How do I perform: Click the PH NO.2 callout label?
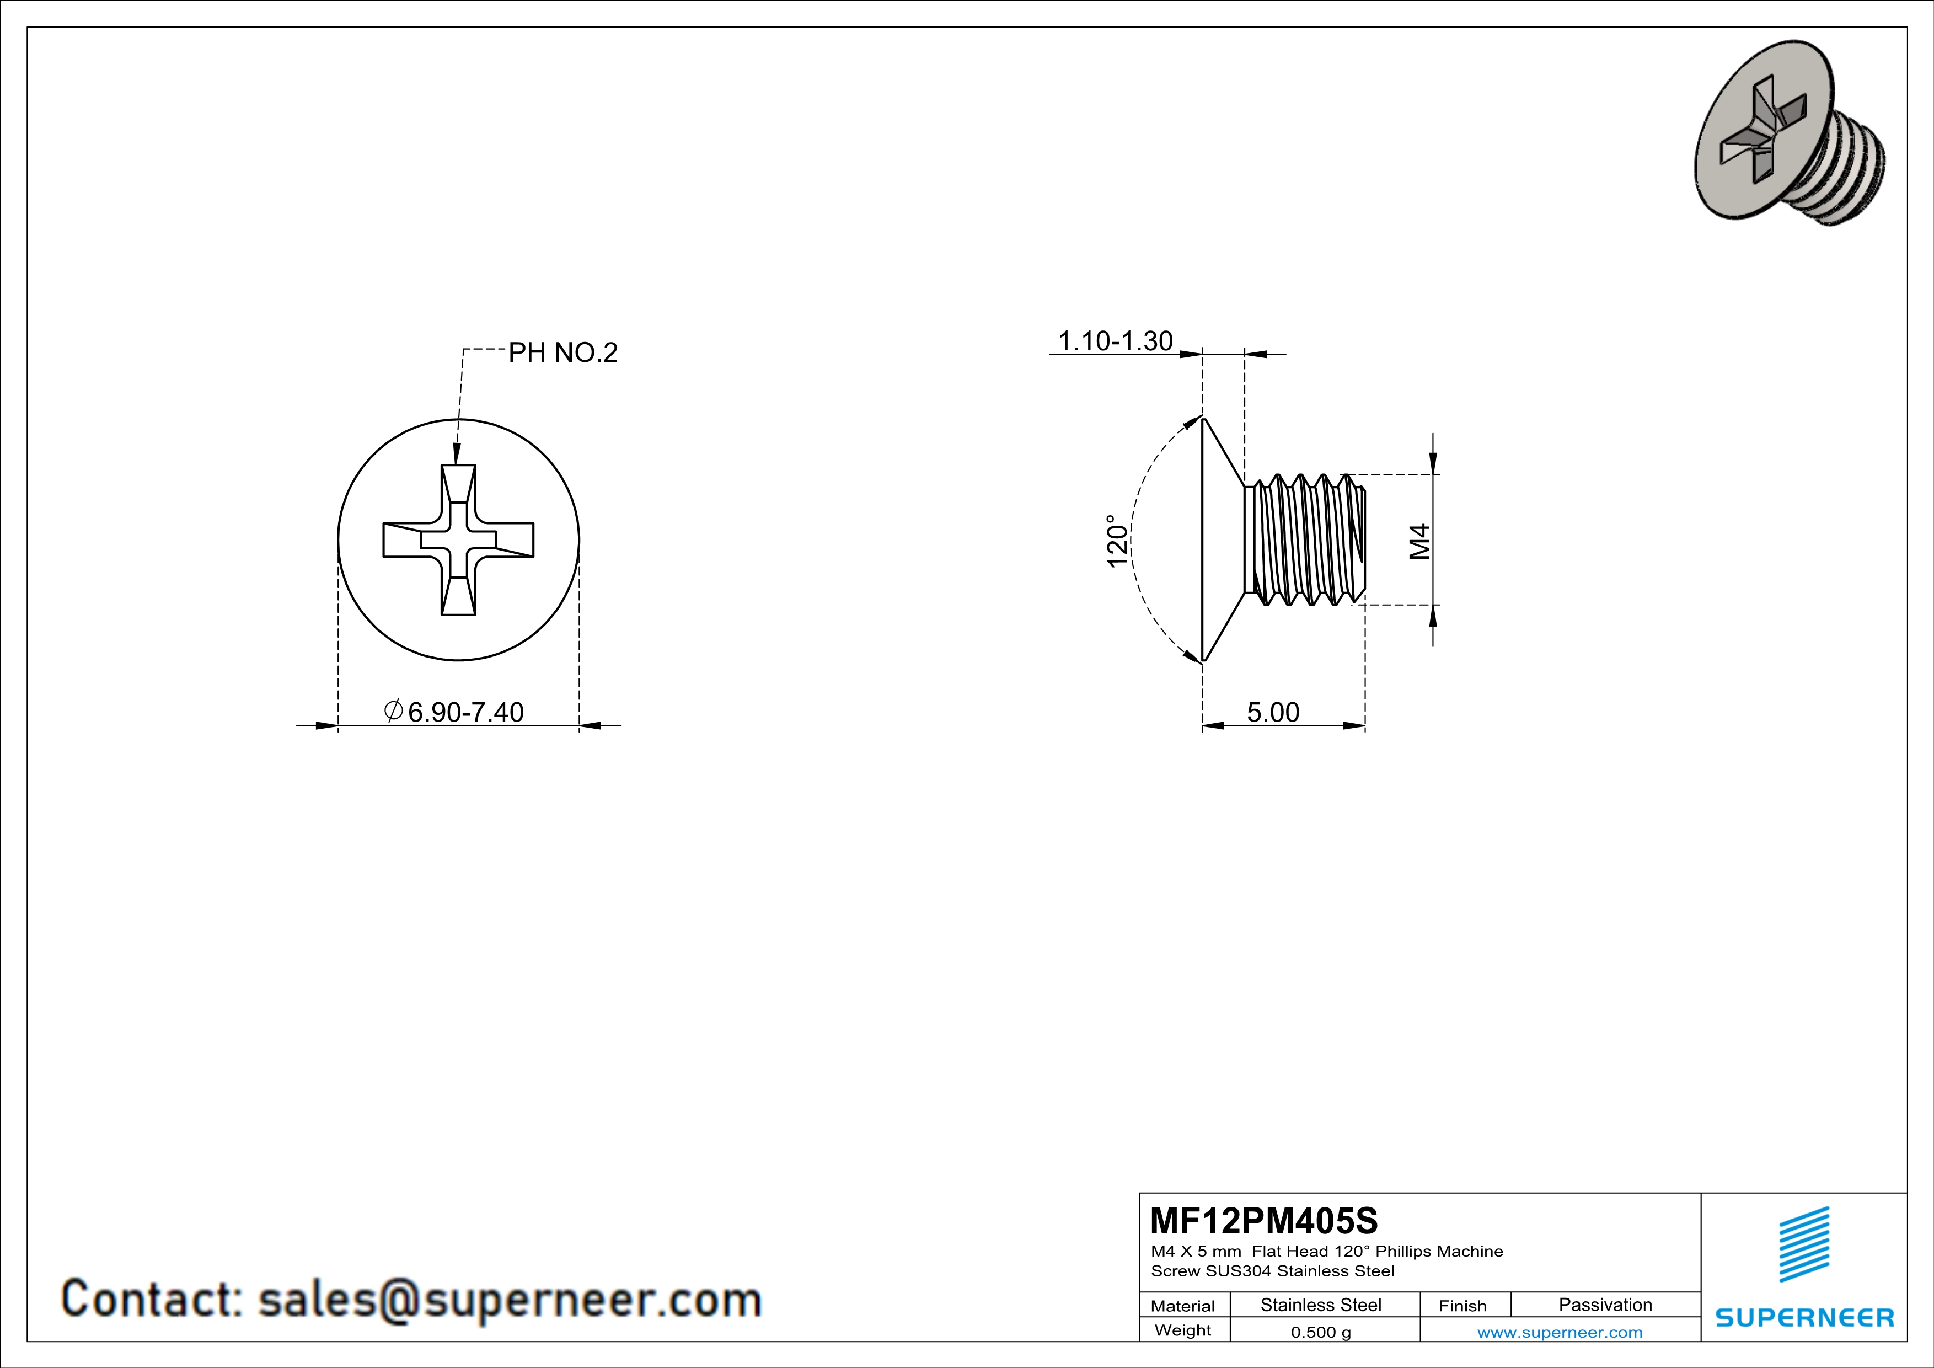(x=562, y=352)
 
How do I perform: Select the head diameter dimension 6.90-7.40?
(x=465, y=713)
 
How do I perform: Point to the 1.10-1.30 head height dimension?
(x=1115, y=341)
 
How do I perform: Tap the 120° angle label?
(x=1117, y=541)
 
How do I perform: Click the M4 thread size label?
(x=1420, y=541)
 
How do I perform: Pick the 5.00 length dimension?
(x=1273, y=713)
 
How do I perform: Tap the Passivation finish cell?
(x=1605, y=1305)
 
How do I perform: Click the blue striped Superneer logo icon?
(x=1803, y=1244)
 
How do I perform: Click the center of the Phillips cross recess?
(x=458, y=540)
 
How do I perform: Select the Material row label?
(x=1183, y=1306)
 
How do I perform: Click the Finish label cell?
(x=1462, y=1306)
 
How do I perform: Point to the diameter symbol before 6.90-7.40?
(x=393, y=711)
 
